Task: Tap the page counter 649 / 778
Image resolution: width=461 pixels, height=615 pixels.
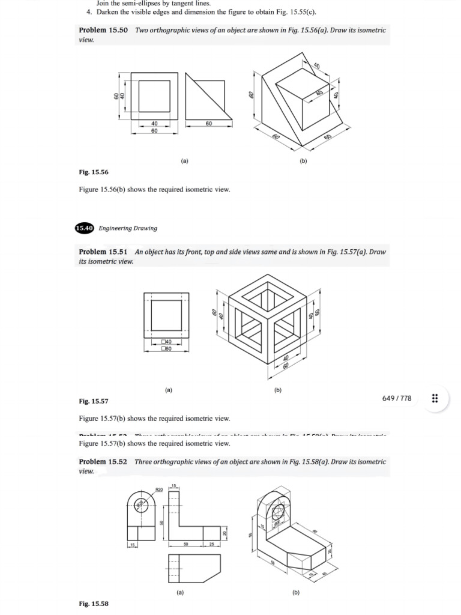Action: pos(397,398)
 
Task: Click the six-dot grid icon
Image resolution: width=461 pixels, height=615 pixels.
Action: pos(435,398)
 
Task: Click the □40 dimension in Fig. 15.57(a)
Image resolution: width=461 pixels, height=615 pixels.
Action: pos(167,342)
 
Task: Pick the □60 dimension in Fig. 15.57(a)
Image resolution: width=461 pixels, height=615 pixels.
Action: pos(167,348)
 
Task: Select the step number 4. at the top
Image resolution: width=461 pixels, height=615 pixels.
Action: pos(89,12)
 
